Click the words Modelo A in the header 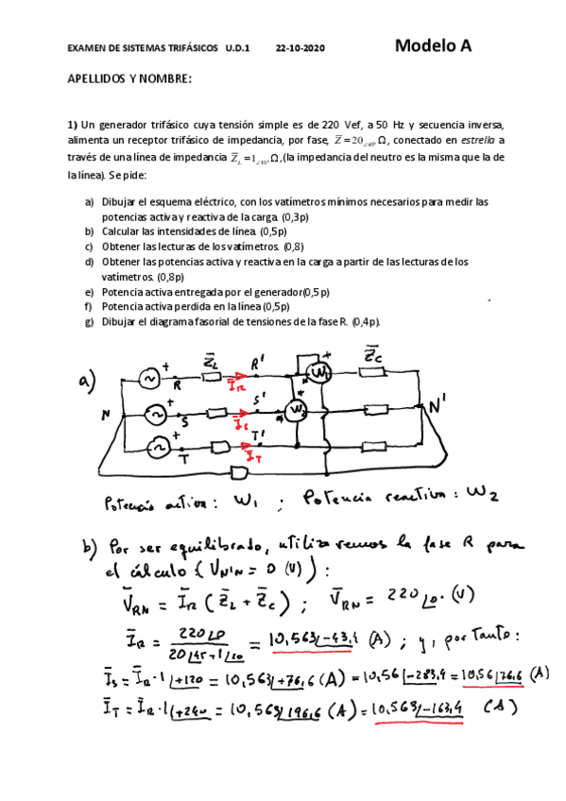[433, 45]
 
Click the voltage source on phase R [149, 378]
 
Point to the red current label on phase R [237, 385]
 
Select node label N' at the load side [437, 408]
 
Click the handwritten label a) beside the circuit [88, 382]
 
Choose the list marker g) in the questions [89, 320]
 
